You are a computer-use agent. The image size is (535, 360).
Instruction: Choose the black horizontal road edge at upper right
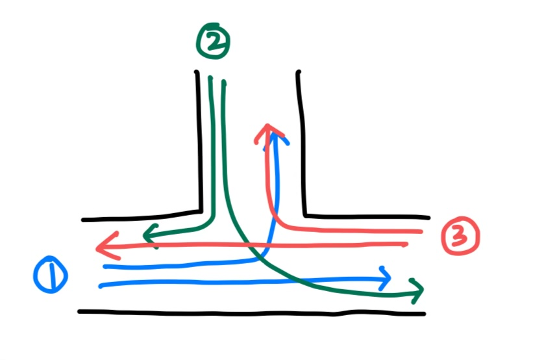pos(367,216)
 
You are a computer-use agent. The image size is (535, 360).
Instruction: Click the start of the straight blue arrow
pos(101,284)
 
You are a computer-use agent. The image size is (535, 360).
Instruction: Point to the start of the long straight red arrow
pos(406,244)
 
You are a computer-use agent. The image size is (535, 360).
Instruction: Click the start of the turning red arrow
pos(422,231)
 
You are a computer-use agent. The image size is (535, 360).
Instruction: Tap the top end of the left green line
pos(210,79)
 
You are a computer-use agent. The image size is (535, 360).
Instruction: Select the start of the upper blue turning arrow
pos(105,266)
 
